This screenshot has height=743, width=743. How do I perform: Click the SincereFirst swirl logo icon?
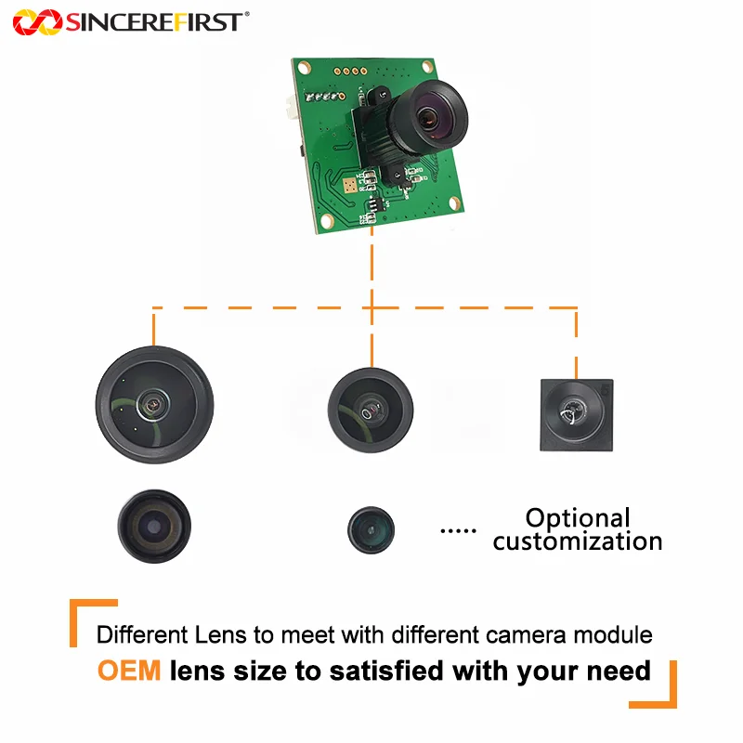point(36,21)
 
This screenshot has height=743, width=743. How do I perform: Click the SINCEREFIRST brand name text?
point(154,21)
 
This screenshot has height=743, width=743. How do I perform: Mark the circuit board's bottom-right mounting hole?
point(454,202)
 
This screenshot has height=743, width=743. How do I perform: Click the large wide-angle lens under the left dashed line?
point(154,404)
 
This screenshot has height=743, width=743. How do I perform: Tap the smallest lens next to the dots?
point(371,529)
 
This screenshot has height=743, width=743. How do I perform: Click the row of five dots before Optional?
point(456,530)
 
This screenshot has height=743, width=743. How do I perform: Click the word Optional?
point(577,517)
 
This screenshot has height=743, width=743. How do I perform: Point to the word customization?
point(577,541)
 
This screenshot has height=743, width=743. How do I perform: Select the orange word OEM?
point(129,670)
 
